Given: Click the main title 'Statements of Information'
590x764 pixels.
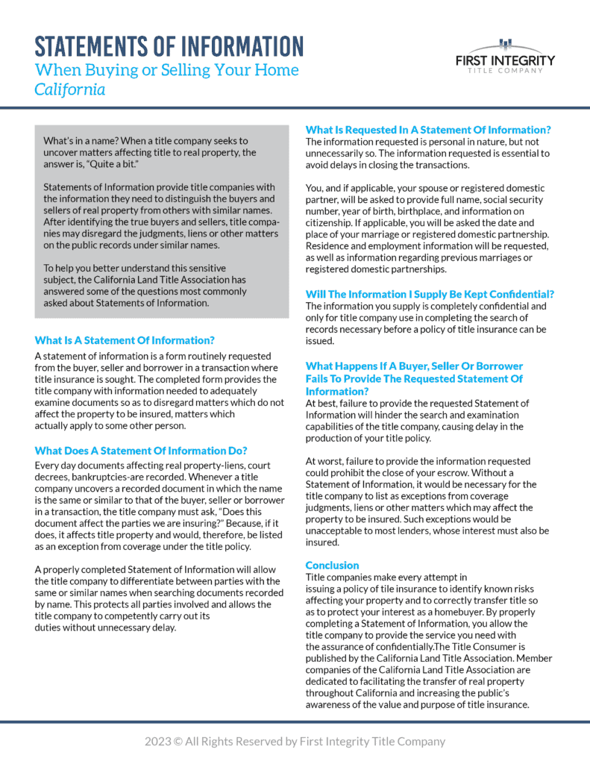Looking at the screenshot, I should coord(169,46).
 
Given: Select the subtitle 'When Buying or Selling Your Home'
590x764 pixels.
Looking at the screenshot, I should coord(166,71).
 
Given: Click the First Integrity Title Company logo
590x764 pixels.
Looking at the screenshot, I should coord(505,57).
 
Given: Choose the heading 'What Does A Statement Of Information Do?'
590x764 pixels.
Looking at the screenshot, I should coord(141,451).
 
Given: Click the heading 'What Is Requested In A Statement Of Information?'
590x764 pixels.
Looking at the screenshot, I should coord(428,130).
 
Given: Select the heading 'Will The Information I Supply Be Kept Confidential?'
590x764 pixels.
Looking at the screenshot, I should coord(430,294).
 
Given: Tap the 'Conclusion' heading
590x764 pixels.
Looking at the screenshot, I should coord(332,565).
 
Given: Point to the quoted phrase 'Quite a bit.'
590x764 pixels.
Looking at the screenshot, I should coord(106,164).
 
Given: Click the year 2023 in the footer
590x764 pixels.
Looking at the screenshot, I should coord(157,742).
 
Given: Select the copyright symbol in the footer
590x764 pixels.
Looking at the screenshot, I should coord(179,742).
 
